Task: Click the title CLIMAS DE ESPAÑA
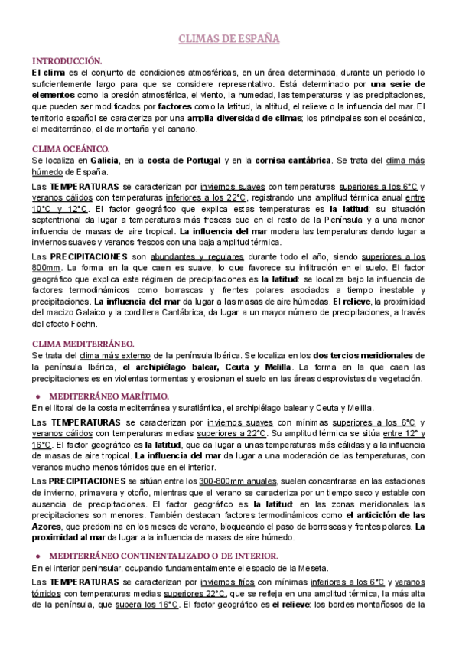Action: pyautogui.click(x=229, y=38)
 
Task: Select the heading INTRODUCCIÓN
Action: pyautogui.click(x=67, y=60)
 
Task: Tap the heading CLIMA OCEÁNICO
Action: pyautogui.click(x=71, y=148)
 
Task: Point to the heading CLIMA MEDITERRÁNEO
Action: pyautogui.click(x=83, y=344)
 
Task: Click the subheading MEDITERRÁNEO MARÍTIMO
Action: pyautogui.click(x=109, y=396)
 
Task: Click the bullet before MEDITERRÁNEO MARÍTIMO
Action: pyautogui.click(x=37, y=396)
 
